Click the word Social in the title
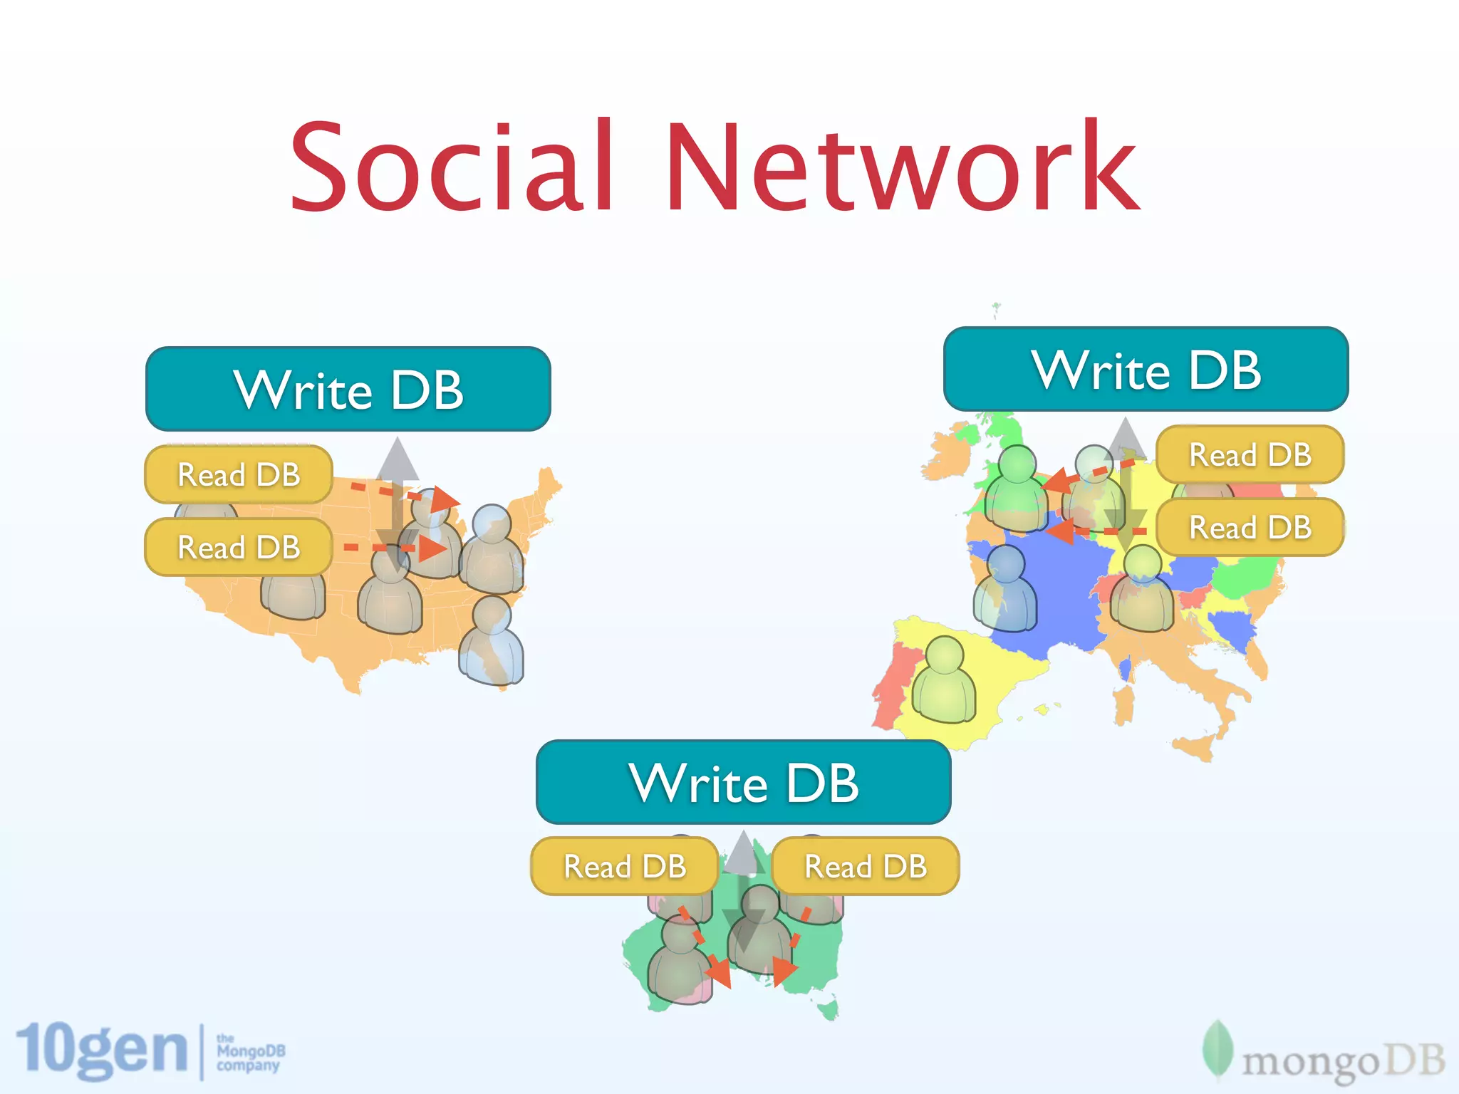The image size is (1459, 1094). tap(452, 167)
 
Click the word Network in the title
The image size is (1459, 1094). tap(902, 167)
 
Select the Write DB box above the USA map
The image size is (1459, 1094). tap(348, 389)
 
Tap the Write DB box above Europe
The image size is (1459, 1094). tap(1146, 369)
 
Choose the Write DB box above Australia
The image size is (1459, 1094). tap(743, 782)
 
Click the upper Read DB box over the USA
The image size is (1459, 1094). tap(239, 474)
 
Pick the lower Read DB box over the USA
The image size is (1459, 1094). tap(239, 547)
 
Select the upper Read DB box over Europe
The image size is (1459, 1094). tap(1250, 454)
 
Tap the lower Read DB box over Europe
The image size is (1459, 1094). tap(1250, 527)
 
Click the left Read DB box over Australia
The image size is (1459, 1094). tap(625, 866)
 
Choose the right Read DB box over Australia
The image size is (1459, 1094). tap(866, 866)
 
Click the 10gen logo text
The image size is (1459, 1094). tap(102, 1050)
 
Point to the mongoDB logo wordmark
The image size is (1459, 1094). tap(1343, 1061)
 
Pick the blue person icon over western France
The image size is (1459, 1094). tap(1005, 590)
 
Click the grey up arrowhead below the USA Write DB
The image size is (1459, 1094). tap(398, 459)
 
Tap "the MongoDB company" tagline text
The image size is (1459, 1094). tap(250, 1053)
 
